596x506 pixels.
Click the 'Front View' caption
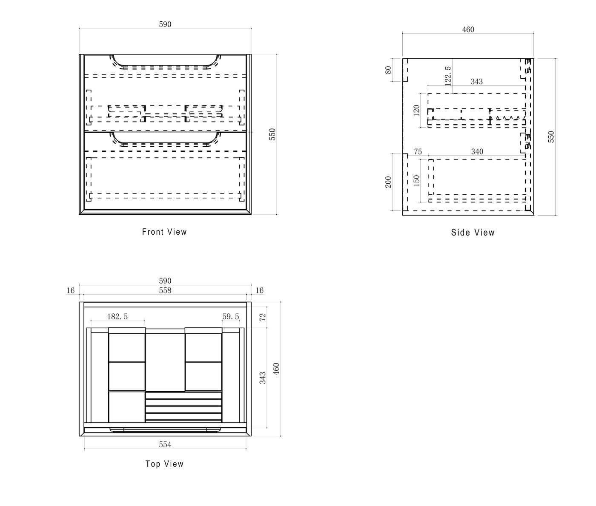coord(164,232)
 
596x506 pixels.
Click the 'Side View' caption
coord(473,233)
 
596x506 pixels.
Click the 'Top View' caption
coord(164,464)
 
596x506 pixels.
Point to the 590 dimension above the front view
coord(165,24)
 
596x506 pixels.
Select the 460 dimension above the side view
coord(468,29)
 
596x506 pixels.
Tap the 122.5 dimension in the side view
coord(447,76)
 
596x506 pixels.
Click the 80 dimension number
coord(388,70)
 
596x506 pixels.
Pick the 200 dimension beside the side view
coord(388,182)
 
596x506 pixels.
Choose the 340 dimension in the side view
coord(477,151)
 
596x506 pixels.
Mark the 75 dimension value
coord(418,151)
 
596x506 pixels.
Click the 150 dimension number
coord(417,180)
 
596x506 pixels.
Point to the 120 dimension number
coord(417,110)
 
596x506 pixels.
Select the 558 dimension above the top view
coord(165,290)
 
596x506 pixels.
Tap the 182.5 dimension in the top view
coord(117,316)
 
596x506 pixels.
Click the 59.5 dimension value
coord(231,316)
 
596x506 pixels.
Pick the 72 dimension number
coord(263,317)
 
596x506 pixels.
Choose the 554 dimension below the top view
coord(165,444)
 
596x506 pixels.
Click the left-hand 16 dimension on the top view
coord(71,290)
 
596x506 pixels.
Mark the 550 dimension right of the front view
coord(272,134)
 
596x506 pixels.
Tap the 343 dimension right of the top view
coord(263,378)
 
